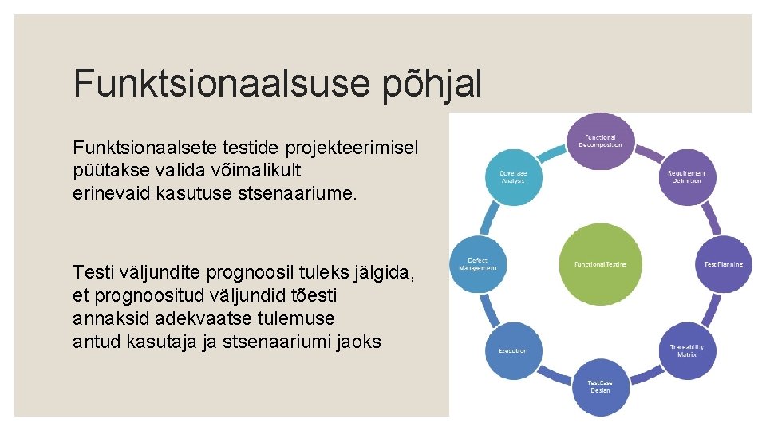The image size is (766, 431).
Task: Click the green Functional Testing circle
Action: (x=600, y=263)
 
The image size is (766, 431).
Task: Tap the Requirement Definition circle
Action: (x=685, y=176)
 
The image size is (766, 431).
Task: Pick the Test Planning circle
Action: (x=722, y=263)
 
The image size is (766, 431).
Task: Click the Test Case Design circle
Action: (x=600, y=386)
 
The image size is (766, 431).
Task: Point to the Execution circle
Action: (x=512, y=350)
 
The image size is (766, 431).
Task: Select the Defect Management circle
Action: (x=477, y=263)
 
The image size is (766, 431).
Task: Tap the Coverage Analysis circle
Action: (x=512, y=176)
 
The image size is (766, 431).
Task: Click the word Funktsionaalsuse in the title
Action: (x=211, y=84)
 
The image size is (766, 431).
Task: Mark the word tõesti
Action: (x=312, y=296)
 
